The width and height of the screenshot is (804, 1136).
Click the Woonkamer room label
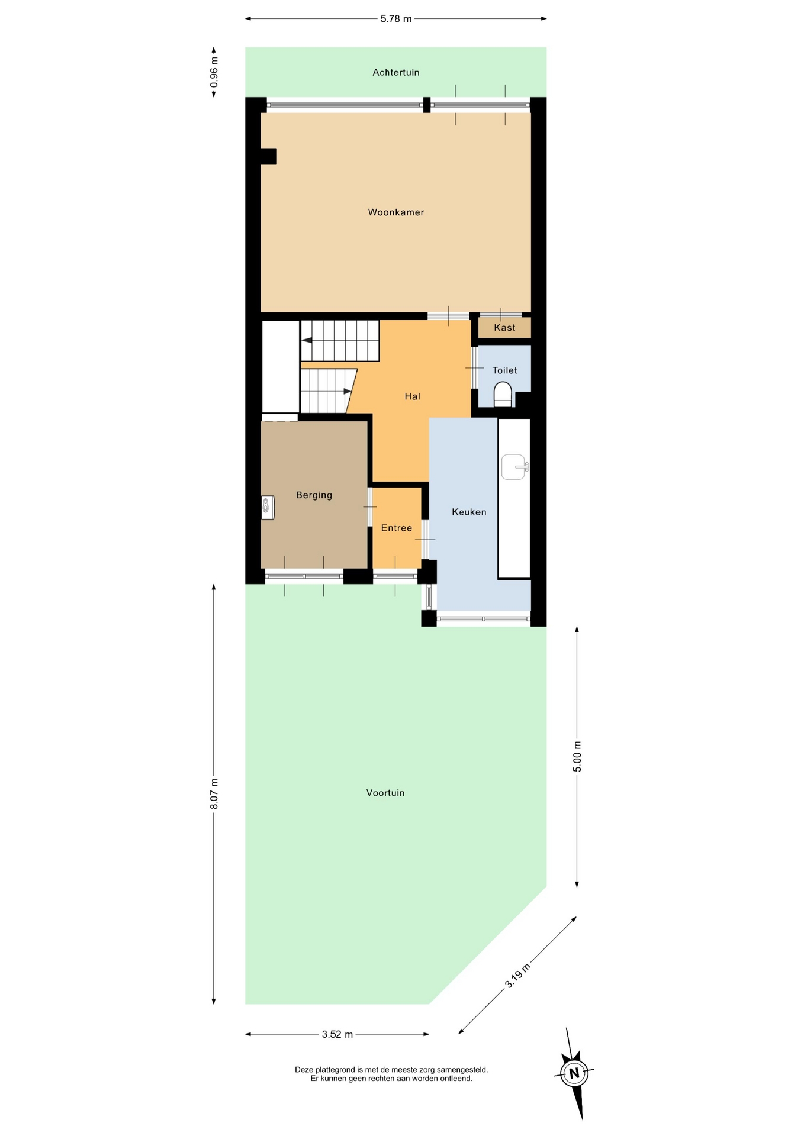396,212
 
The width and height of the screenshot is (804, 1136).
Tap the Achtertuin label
396,73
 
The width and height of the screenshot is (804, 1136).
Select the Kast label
504,328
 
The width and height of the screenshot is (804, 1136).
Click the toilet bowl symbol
503,394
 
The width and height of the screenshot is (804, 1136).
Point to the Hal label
413,396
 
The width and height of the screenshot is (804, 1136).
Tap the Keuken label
469,512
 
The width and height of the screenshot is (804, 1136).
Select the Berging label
314,495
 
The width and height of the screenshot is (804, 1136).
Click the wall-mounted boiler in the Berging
268,507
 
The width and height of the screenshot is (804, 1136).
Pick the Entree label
397,528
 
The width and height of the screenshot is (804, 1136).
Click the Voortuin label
385,793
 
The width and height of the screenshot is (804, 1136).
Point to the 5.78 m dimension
396,19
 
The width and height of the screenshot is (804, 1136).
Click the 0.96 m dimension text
214,72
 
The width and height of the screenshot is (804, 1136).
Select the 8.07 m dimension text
214,794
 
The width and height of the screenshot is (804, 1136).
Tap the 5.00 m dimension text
577,756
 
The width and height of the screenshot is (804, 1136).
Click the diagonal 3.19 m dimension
517,976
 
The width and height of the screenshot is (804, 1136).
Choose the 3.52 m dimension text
337,1034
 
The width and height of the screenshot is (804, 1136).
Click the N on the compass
574,1073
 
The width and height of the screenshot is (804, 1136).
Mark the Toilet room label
504,370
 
